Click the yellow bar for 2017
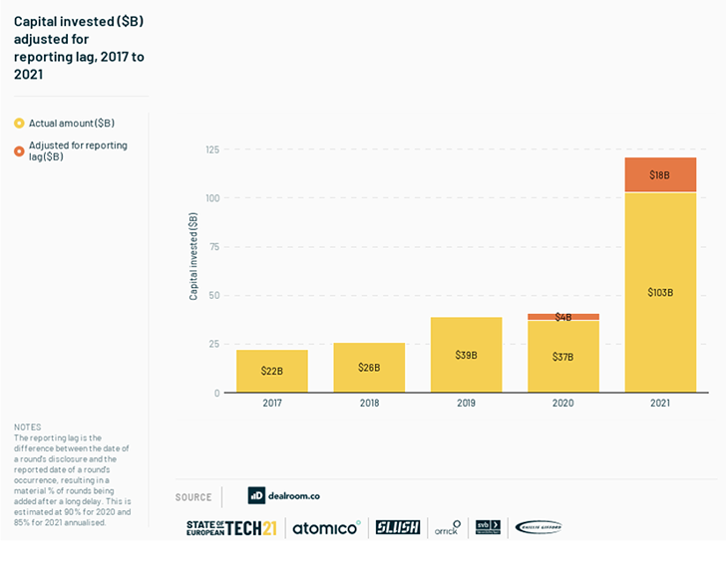(x=272, y=371)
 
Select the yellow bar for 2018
(x=369, y=367)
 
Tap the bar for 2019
(x=466, y=354)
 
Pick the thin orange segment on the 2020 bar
(x=563, y=317)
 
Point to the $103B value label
(x=660, y=292)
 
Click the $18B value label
(x=660, y=175)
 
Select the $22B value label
(x=272, y=371)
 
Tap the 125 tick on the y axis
(x=211, y=149)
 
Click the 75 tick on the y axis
(x=213, y=246)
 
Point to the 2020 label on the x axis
(x=563, y=404)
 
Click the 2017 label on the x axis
(x=272, y=404)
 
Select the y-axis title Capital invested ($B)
(x=193, y=257)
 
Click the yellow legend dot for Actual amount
(x=19, y=123)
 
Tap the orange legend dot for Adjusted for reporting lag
(x=19, y=150)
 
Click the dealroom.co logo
(x=284, y=495)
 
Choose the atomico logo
(x=326, y=527)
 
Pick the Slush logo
(x=398, y=527)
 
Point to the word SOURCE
(x=193, y=497)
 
